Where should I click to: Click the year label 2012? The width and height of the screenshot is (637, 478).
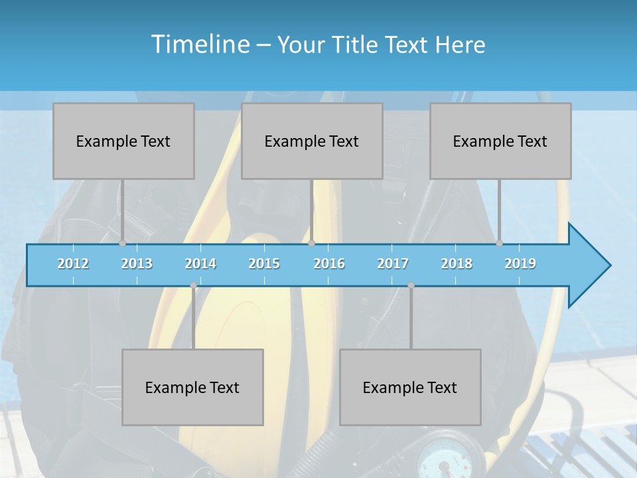[x=73, y=264]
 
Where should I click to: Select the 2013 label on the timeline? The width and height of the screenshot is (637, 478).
[x=137, y=264]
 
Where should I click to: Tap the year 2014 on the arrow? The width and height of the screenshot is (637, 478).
[x=200, y=264]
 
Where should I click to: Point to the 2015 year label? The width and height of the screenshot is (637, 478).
[x=264, y=264]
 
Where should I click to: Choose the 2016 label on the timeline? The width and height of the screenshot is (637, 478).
[x=329, y=264]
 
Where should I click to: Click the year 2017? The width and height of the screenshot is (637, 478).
[x=393, y=264]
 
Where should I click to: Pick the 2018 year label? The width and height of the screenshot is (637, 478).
[x=457, y=264]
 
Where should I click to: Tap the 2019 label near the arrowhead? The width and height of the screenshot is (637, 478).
[x=520, y=264]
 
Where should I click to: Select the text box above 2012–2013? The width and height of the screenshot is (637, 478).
[x=123, y=141]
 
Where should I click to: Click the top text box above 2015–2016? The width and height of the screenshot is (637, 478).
[x=312, y=141]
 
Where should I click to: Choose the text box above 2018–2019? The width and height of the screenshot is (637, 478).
[x=500, y=141]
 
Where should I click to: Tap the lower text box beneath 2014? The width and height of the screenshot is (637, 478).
[x=192, y=387]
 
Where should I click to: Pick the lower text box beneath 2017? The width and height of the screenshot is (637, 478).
[x=410, y=387]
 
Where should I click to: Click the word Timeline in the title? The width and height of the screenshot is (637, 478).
[x=199, y=44]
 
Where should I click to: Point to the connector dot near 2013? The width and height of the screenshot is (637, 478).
[x=122, y=244]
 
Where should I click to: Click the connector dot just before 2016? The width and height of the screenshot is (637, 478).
[x=312, y=244]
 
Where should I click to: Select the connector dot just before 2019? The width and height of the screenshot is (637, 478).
[x=499, y=244]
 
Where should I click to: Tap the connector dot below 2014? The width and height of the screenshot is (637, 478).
[x=193, y=285]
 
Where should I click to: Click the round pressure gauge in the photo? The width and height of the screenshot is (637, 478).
[x=443, y=458]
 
